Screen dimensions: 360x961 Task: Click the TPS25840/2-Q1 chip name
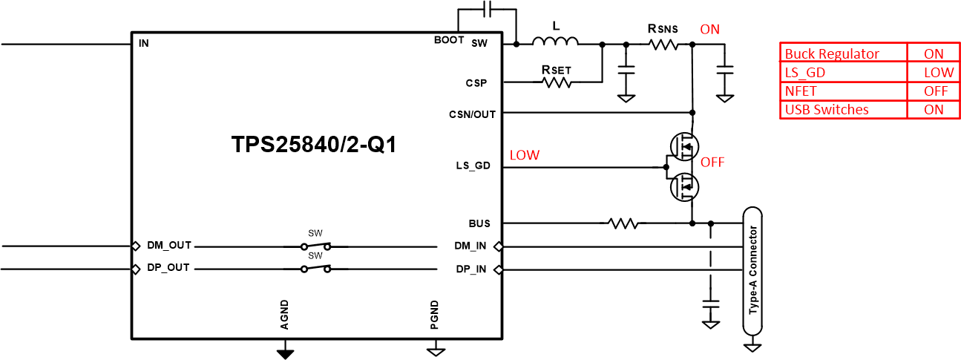pos(314,145)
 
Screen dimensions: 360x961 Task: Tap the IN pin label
pos(144,44)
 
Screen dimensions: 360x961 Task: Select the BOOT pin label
pos(449,40)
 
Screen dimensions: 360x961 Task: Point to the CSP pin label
pos(476,82)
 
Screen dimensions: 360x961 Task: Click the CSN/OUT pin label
pos(472,114)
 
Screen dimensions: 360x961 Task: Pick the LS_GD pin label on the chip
pos(473,166)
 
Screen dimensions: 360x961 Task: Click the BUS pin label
pos(479,223)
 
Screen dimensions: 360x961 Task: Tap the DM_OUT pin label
pos(169,246)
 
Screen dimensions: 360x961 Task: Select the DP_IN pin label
pos(470,269)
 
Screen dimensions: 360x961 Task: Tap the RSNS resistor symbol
pos(663,45)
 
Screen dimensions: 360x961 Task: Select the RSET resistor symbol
pos(557,82)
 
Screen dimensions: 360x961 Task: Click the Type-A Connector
pos(752,271)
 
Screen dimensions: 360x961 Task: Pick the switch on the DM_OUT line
pos(315,246)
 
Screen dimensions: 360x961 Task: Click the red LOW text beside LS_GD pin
pos(524,156)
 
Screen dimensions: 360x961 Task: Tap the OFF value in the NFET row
pos(936,91)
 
